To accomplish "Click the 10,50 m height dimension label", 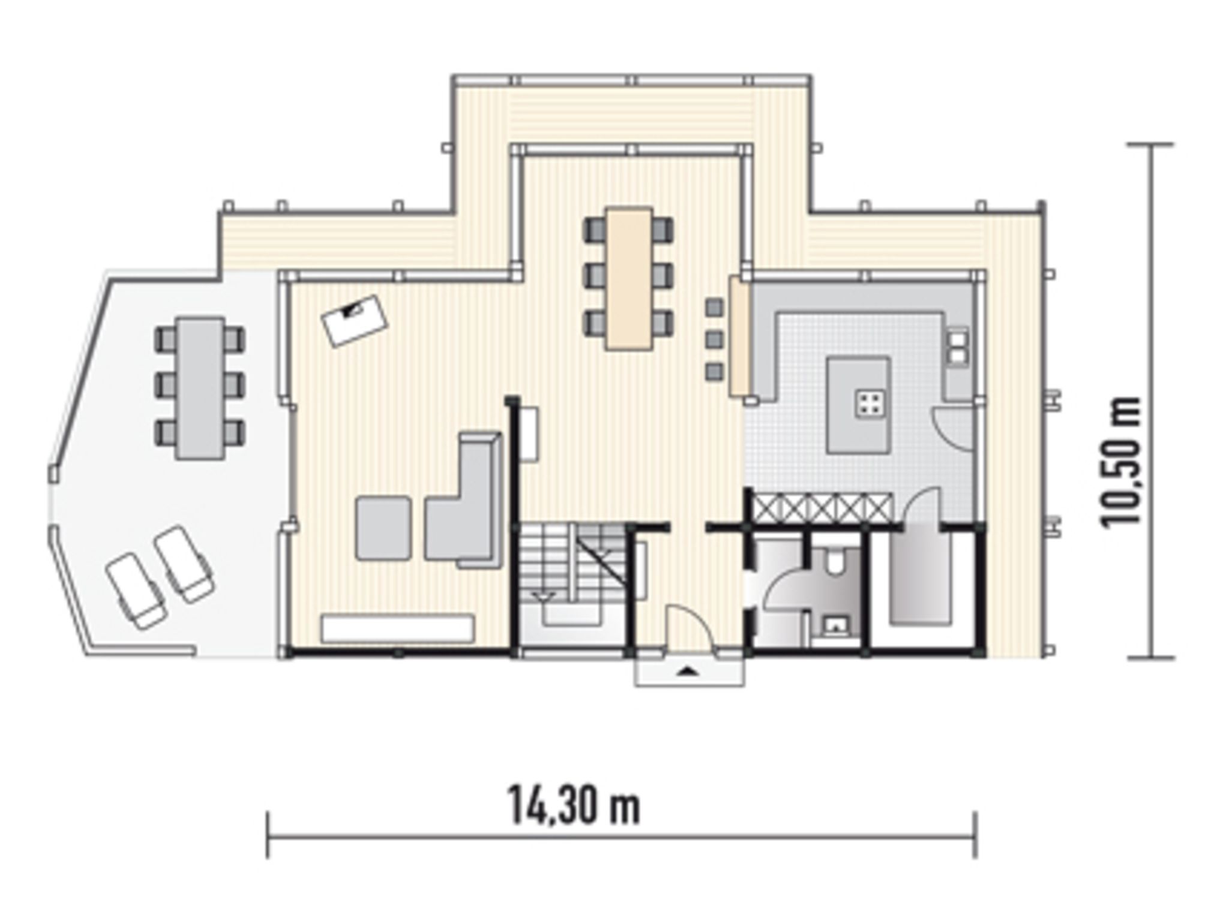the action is pyautogui.click(x=1120, y=462).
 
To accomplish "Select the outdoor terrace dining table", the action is pyautogui.click(x=200, y=389).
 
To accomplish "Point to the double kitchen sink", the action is pyautogui.click(x=958, y=347).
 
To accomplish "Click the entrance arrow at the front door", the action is pyautogui.click(x=689, y=672).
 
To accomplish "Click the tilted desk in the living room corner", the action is pyautogui.click(x=355, y=320).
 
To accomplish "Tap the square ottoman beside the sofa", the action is pyautogui.click(x=383, y=528).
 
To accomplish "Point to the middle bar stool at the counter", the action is pyautogui.click(x=714, y=339).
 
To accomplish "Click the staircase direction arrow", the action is pyautogui.click(x=544, y=596).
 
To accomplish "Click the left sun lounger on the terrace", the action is pyautogui.click(x=136, y=591).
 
